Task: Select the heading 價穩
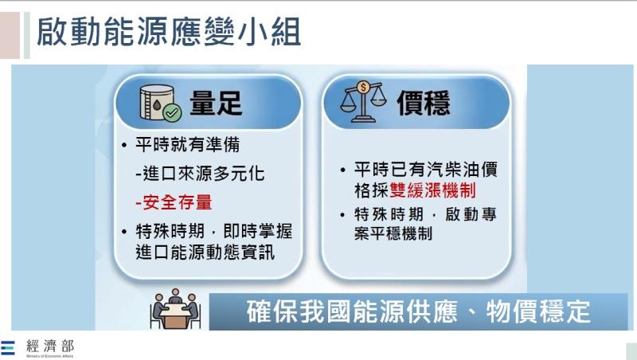coord(424,103)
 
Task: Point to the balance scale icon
coord(362,101)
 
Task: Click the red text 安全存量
coord(174,202)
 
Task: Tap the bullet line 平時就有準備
coord(188,147)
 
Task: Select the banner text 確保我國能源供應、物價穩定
coord(418,311)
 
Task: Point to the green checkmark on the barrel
coord(171,112)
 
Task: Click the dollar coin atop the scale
coord(363,85)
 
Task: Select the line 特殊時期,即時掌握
coord(213,231)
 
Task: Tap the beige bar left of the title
coord(10,35)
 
